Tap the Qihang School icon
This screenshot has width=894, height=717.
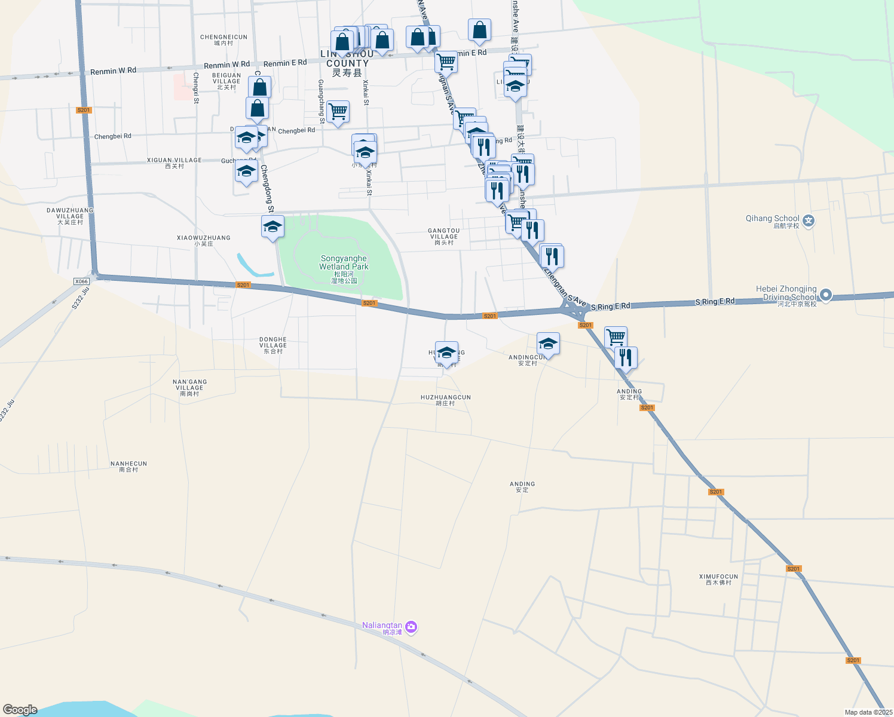(809, 221)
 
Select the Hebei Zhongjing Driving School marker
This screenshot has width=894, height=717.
(826, 295)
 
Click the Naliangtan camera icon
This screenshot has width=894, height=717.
(411, 627)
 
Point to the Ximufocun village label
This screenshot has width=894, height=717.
(718, 580)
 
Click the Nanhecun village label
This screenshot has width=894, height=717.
(128, 467)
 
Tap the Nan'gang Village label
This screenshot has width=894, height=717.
(189, 388)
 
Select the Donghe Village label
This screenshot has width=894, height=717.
(273, 345)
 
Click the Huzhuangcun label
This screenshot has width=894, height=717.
(445, 400)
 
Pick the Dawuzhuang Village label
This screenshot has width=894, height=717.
(70, 216)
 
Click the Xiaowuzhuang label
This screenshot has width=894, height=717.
(203, 241)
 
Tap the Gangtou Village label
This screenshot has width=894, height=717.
(443, 237)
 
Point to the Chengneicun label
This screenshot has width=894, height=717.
(223, 40)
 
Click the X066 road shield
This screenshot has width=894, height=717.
(81, 281)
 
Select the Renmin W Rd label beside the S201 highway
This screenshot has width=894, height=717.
(113, 71)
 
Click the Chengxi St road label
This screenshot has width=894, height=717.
(196, 88)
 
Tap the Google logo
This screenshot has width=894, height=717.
(20, 710)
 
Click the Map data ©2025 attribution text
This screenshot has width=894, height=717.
(868, 712)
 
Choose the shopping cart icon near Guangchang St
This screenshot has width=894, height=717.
(338, 111)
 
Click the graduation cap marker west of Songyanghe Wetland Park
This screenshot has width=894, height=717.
(273, 226)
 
